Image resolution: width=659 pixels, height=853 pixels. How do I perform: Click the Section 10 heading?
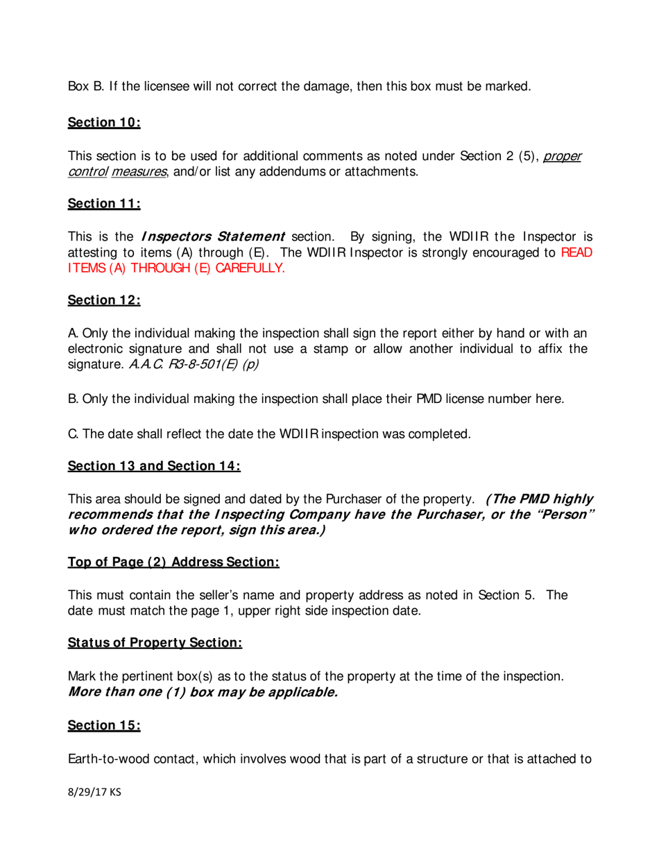pyautogui.click(x=104, y=123)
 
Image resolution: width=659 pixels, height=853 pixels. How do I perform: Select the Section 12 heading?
pyautogui.click(x=104, y=300)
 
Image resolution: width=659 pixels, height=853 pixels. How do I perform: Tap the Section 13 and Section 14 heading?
pyautogui.click(x=153, y=466)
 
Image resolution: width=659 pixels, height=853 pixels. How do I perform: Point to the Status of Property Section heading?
pyautogui.click(x=154, y=643)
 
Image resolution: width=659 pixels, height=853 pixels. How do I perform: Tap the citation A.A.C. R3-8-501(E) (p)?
pyautogui.click(x=195, y=364)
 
